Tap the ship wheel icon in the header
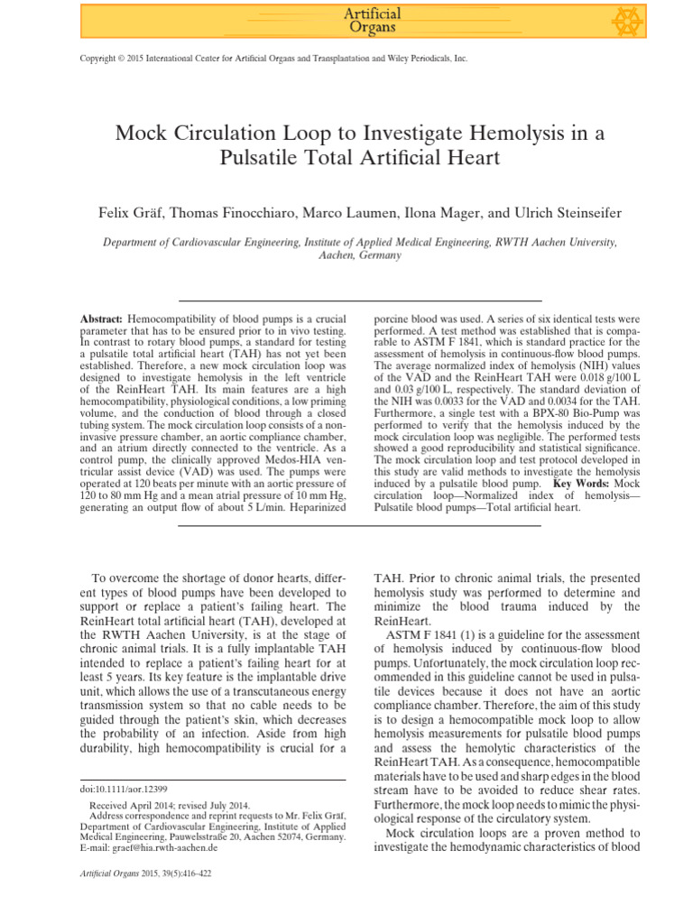(651, 20)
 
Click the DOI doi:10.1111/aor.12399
(125, 788)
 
